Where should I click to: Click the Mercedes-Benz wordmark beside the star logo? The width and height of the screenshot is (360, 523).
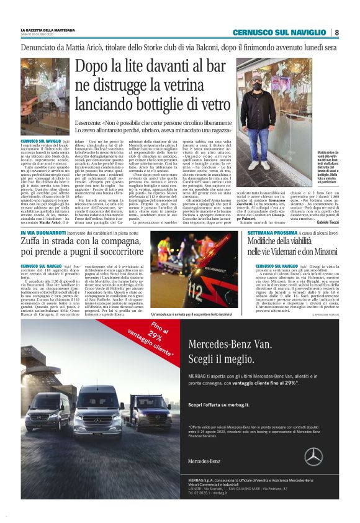(x=204, y=462)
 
